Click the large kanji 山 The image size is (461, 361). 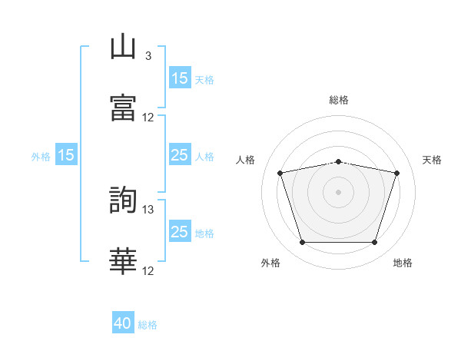[123, 46]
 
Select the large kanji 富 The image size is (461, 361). [123, 108]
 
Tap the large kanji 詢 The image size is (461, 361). [123, 200]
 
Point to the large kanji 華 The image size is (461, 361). [123, 261]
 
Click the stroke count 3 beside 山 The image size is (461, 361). [148, 56]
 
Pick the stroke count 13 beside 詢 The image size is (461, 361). [148, 210]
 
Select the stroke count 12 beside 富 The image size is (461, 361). [148, 118]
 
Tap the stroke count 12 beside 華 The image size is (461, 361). [148, 271]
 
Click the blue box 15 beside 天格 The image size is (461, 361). [180, 78]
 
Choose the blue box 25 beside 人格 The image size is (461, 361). [180, 154]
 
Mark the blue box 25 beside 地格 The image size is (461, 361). [180, 230]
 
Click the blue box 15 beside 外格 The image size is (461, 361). [66, 154]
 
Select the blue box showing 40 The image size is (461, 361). [123, 322]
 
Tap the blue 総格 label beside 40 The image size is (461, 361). [148, 325]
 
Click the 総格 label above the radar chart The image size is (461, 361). [339, 100]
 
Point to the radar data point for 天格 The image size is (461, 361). [396, 173]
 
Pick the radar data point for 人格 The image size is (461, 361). [280, 173]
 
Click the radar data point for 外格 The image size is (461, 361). [303, 242]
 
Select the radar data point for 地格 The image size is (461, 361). [374, 242]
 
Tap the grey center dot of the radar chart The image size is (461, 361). [338, 192]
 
